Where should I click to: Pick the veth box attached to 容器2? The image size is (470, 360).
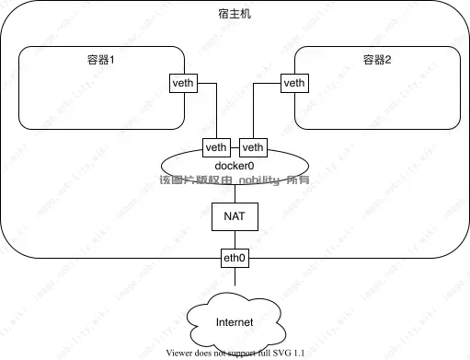294,84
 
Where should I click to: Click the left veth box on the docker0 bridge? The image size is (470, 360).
217,147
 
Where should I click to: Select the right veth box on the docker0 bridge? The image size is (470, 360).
252,147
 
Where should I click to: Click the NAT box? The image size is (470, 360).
235,216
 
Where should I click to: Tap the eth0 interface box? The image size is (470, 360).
235,259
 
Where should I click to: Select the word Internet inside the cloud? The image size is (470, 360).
235,323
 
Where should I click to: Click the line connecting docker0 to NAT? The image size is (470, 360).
235,192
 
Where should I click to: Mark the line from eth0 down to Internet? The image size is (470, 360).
235,281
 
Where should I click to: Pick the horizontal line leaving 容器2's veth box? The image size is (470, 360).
267,84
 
